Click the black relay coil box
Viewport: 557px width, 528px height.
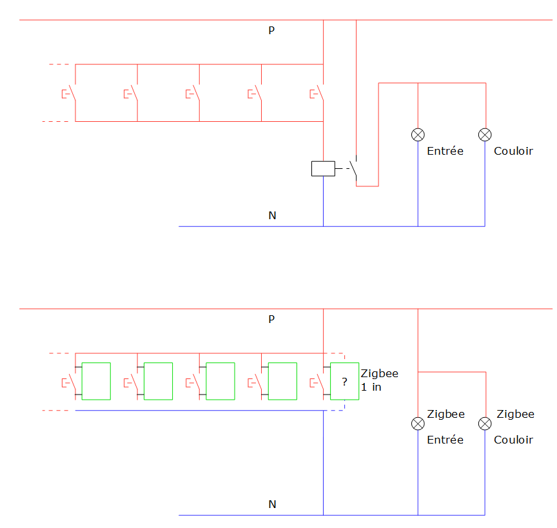tap(323, 168)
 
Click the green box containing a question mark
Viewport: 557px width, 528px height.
tap(344, 381)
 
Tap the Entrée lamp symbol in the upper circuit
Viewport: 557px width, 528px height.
tap(418, 134)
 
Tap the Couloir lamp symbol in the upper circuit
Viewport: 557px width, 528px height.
tap(485, 134)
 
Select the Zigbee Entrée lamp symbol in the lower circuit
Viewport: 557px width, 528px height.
tap(418, 424)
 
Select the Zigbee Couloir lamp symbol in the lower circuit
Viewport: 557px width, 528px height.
tap(485, 424)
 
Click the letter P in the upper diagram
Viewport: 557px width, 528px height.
tap(272, 30)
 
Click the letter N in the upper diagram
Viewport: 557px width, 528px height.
tap(272, 215)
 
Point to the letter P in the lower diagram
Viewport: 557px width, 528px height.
tap(272, 319)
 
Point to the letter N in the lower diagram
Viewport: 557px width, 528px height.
tap(272, 504)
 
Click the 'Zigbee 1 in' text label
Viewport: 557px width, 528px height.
tap(379, 380)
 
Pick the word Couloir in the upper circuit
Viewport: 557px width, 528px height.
tap(513, 151)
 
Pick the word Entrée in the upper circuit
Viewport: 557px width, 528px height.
tap(445, 151)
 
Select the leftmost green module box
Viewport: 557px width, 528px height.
tap(96, 381)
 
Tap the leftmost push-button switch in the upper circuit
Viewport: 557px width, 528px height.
tap(70, 93)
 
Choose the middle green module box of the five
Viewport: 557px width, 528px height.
tap(220, 381)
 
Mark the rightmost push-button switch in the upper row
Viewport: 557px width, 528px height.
tap(318, 93)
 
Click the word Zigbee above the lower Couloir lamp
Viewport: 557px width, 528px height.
tap(515, 414)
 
